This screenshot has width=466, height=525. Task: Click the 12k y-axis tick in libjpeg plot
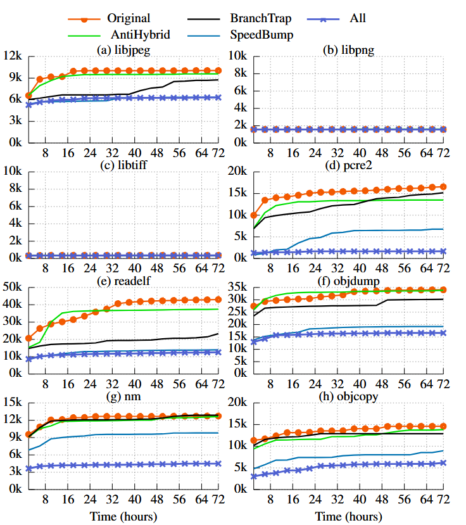coord(13,56)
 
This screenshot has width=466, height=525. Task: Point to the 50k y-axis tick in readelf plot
coord(13,288)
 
